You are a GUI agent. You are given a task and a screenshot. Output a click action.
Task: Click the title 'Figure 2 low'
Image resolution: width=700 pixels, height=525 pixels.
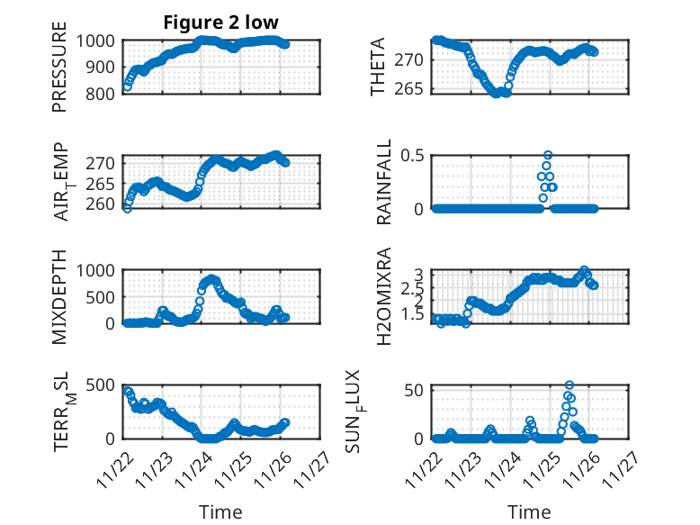[x=220, y=23]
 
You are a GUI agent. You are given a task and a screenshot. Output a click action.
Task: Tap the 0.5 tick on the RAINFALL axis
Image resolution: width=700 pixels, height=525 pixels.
[x=413, y=155]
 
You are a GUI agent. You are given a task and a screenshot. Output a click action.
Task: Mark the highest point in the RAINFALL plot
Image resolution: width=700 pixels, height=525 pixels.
[x=548, y=155]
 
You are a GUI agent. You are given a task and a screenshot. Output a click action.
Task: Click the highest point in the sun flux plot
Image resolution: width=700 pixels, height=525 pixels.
[x=570, y=385]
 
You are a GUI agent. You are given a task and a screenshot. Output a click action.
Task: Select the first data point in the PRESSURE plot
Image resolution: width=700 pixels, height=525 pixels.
[x=127, y=86]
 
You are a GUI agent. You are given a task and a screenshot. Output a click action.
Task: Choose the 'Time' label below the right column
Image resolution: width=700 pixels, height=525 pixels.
[x=529, y=512]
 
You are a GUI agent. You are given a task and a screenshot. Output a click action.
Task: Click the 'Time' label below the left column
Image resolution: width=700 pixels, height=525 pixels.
[x=220, y=512]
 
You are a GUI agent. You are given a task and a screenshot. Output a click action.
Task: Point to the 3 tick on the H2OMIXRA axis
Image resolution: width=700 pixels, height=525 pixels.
[x=418, y=274]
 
